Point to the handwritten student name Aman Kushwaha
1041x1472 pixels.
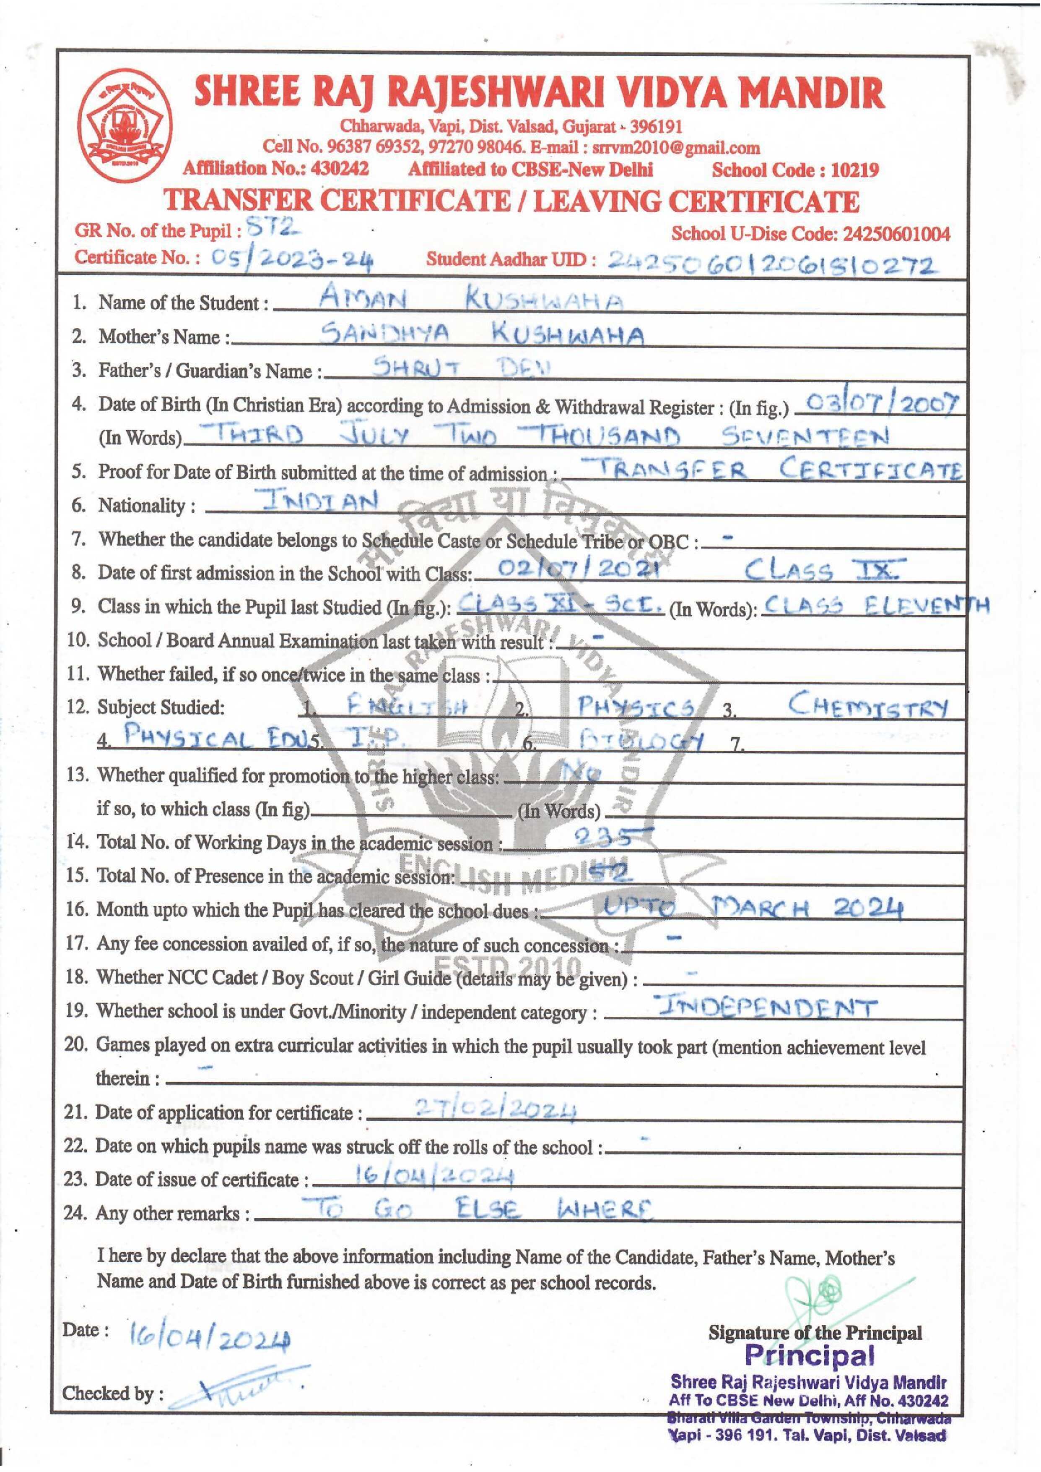pos(470,299)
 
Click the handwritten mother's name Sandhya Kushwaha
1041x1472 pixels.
pos(482,334)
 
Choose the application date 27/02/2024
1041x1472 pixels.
pos(496,1108)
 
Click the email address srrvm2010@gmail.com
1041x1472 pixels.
pos(676,148)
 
